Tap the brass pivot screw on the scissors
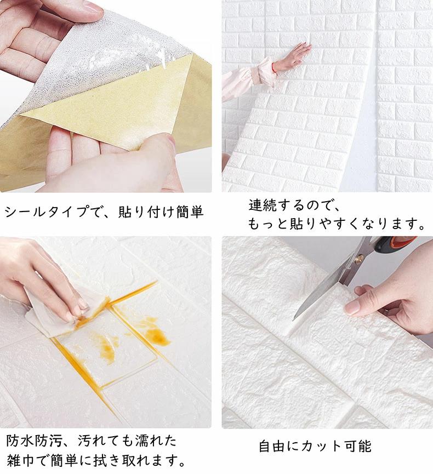click(359, 259)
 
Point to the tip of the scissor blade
click(293, 319)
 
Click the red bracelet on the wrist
click(274, 67)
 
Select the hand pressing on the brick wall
click(292, 56)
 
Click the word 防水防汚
click(34, 441)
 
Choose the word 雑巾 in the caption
click(20, 460)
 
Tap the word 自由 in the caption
click(272, 447)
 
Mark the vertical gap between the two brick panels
click(373, 97)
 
